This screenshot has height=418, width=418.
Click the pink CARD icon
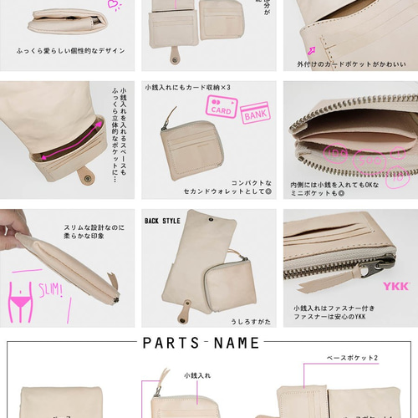[221, 108]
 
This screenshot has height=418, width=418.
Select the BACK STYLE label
[163, 222]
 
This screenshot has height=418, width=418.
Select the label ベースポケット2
[351, 358]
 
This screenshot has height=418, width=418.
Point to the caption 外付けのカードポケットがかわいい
[351, 64]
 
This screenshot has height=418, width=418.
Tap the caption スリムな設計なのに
[94, 227]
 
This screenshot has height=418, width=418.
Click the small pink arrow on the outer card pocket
[313, 49]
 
